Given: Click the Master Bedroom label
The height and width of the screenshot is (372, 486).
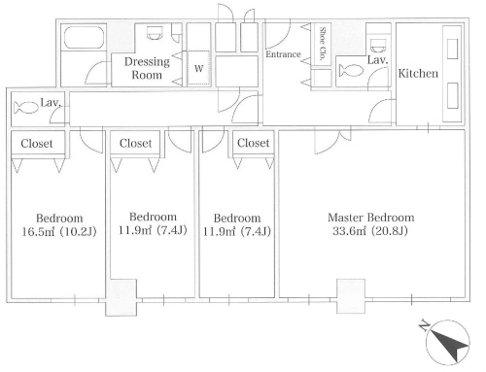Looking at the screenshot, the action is [371, 218].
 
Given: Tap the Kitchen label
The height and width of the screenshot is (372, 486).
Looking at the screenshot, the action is [418, 73].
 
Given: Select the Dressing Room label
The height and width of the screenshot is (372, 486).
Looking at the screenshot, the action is [147, 68].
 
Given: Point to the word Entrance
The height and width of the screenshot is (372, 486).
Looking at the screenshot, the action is [283, 54].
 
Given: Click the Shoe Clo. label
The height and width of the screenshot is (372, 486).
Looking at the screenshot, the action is [322, 44].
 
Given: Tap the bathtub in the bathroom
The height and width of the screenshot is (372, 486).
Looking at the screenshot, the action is [84, 38].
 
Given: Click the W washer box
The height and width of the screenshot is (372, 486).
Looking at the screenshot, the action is [199, 68].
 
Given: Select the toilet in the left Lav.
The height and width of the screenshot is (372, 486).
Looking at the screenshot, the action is [26, 108].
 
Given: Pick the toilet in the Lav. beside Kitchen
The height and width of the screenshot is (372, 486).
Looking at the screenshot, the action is [351, 70].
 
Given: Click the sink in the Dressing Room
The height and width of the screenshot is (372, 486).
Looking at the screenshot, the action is [154, 33].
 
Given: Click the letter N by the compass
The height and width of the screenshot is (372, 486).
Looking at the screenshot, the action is [424, 325].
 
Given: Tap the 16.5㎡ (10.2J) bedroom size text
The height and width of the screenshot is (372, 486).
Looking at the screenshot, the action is [59, 231].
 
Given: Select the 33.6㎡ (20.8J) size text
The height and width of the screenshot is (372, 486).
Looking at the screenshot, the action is [370, 231].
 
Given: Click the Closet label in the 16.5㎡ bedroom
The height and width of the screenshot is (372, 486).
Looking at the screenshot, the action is [37, 144].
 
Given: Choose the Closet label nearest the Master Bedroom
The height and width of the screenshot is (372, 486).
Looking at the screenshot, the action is [253, 143].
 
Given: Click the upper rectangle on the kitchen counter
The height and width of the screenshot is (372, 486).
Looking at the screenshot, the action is [452, 49].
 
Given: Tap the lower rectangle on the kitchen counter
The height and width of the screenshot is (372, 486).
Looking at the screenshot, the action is [453, 96].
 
